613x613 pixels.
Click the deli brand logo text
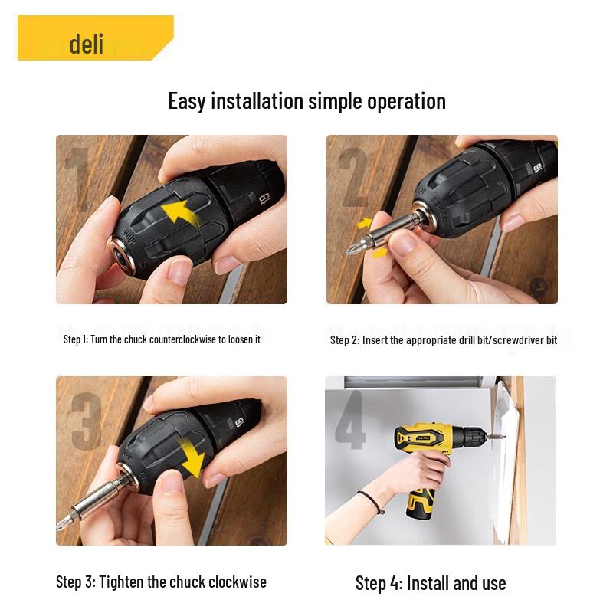point(86,43)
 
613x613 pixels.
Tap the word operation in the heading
point(406,101)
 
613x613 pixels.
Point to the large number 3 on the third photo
point(86,421)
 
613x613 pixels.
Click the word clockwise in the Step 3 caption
point(232,582)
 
